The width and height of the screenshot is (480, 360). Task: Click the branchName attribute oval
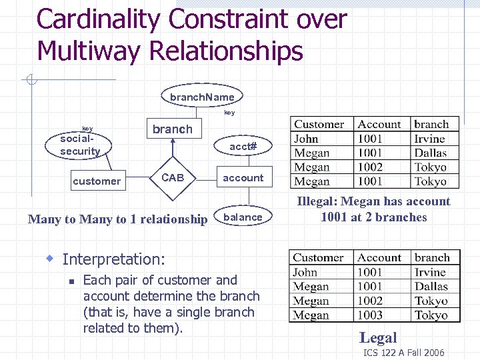click(202, 97)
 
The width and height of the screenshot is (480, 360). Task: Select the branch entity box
click(172, 129)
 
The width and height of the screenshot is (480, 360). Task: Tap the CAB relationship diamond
click(173, 178)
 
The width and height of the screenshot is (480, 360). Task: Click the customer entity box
click(97, 181)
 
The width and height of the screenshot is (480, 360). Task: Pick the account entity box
click(243, 178)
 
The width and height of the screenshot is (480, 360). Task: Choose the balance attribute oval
click(243, 217)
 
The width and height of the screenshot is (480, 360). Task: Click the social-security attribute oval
click(80, 145)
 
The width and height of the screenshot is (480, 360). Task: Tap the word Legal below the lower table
click(378, 338)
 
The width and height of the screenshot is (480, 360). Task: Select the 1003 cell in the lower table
click(370, 315)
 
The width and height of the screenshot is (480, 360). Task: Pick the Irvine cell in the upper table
click(429, 139)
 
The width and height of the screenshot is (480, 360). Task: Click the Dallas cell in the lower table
click(431, 287)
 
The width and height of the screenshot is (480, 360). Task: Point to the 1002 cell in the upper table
click(370, 167)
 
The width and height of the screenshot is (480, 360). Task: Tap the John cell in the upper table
click(306, 139)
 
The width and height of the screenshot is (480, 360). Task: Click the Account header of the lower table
click(379, 258)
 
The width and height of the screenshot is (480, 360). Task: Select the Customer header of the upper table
click(319, 124)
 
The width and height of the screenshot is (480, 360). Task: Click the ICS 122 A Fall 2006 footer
click(403, 353)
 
